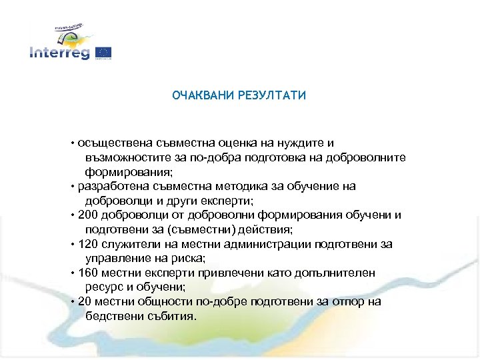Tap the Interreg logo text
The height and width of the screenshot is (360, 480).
[x=59, y=53]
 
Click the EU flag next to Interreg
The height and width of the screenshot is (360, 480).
[x=103, y=52]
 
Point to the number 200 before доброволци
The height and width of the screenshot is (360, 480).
[x=87, y=215]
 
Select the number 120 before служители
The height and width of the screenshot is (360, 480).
[x=87, y=245]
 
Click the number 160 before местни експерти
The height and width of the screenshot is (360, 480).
[x=87, y=273]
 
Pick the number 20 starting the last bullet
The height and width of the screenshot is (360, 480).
[x=85, y=302]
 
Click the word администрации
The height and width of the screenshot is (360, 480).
[x=261, y=245]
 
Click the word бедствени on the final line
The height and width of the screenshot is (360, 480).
[x=111, y=316]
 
